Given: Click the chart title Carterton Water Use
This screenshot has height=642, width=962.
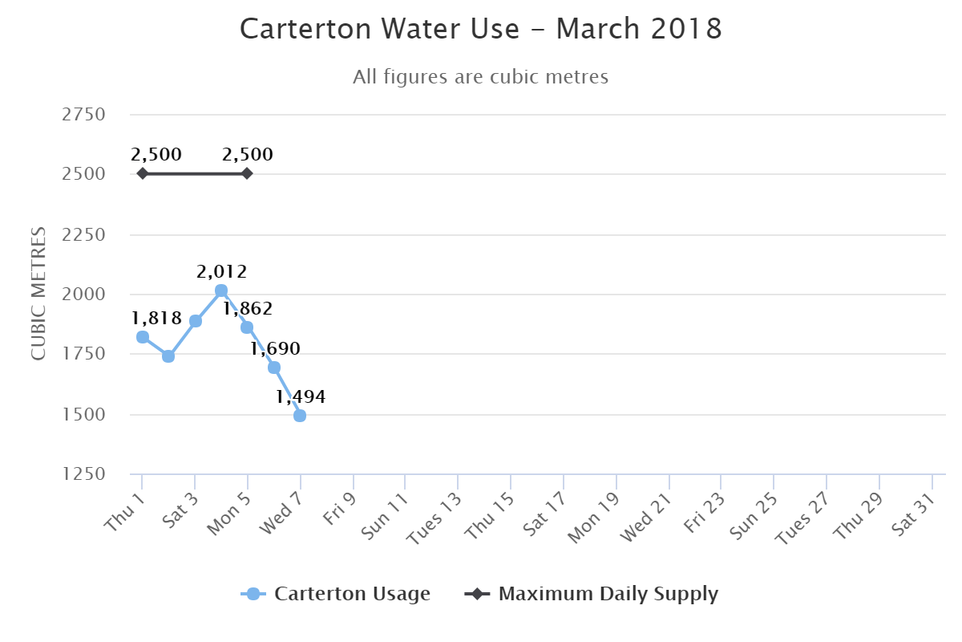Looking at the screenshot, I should [481, 30].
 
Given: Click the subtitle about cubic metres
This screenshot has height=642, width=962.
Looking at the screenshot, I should [481, 77].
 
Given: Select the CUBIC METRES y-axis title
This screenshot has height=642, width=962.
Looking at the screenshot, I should [38, 294].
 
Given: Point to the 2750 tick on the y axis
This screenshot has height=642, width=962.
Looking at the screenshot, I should [83, 115].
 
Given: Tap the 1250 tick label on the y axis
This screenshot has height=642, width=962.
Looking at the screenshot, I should [83, 475].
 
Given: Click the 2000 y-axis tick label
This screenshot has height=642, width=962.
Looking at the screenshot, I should [83, 295].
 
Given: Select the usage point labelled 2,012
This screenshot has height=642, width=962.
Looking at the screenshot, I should [221, 291].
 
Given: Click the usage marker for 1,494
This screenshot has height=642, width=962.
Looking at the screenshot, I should [300, 416].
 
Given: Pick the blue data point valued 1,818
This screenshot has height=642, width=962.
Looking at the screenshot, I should [143, 337].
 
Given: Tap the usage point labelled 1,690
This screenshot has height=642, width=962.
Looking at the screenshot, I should [274, 368].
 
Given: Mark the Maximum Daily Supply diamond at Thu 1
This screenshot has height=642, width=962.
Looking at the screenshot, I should [143, 173].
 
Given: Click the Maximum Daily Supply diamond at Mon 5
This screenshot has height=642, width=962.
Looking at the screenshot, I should [247, 173].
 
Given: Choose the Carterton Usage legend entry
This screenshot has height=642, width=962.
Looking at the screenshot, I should [337, 594].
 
